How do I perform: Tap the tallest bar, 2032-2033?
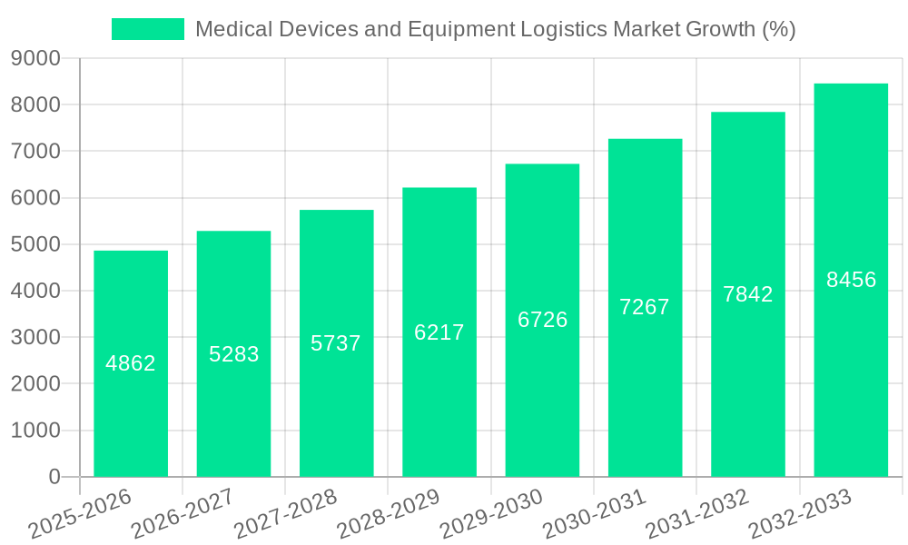pos(851,363)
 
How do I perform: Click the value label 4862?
pos(131,363)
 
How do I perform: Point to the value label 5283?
pos(234,354)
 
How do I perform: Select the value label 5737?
pos(336,343)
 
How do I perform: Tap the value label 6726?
pos(543,320)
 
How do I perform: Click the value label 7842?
pos(748,294)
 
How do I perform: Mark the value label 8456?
pos(851,280)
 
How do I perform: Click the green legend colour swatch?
pos(148,29)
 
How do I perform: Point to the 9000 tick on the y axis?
pos(35,59)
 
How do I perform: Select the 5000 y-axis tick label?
pos(35,244)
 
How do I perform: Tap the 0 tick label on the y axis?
pos(54,477)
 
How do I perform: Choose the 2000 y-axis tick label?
pos(35,384)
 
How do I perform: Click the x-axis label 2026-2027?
pos(183,514)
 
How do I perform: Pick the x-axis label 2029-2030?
pos(491,514)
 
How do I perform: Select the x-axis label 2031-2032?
pos(696,514)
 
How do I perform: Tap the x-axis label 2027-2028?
pos(285,514)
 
